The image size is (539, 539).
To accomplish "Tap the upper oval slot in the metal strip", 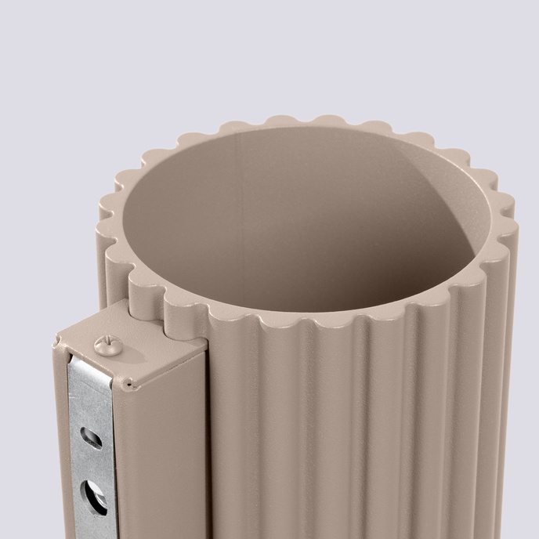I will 91,438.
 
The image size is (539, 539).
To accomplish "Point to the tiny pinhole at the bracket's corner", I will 126,385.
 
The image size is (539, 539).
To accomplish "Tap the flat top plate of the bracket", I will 133,349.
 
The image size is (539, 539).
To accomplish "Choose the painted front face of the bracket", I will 161,454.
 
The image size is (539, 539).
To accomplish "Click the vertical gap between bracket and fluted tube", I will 207,439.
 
